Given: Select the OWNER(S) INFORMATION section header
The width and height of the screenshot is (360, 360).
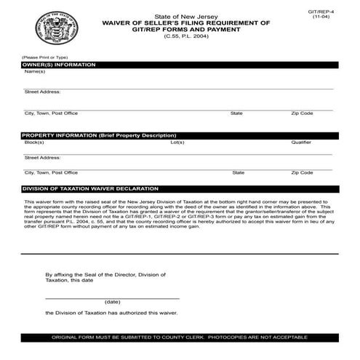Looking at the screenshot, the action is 59,65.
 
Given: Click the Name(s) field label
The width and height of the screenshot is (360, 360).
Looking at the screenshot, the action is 35,71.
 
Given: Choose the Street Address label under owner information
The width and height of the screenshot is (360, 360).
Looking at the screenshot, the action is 42,92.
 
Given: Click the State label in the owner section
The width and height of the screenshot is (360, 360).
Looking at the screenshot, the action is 236,113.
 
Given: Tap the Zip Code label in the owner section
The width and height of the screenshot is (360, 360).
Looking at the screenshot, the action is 302,113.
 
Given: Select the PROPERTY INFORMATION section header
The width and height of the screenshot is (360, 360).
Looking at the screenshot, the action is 98,136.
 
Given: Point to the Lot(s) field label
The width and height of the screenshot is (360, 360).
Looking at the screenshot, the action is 177,143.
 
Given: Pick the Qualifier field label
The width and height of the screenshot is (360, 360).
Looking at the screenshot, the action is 301,143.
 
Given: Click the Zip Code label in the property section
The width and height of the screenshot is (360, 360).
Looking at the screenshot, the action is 303,172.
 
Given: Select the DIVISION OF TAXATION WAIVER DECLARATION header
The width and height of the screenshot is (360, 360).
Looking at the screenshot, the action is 92,188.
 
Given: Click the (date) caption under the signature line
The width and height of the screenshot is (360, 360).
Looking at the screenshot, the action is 113,301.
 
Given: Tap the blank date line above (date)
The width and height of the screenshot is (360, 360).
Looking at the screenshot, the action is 113,297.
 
